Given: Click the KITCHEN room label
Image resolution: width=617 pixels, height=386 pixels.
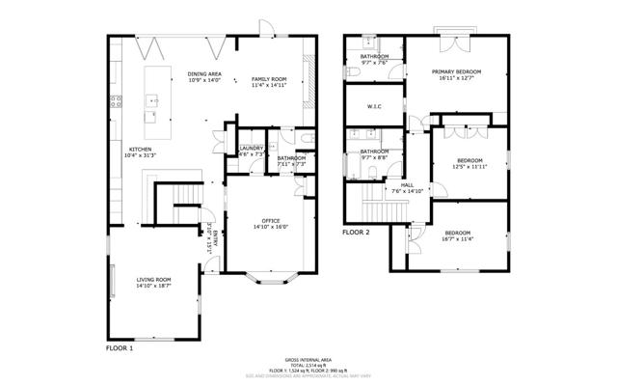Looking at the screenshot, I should point(141,150).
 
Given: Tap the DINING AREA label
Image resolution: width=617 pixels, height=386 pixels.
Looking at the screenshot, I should point(204,74).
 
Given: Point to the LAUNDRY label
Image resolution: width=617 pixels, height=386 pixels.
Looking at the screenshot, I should point(252,148).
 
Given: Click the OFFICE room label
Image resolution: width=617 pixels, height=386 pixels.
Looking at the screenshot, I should point(271,221).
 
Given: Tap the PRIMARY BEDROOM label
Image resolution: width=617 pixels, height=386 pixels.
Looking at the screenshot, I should point(456,72).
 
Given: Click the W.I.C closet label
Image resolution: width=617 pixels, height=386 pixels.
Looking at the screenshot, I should point(375,106).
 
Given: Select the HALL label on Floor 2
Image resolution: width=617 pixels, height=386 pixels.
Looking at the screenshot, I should point(407,184).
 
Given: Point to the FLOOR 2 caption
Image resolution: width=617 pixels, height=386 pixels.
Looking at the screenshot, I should point(357,233).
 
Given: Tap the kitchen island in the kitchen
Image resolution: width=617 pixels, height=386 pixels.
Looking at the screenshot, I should point(152,96).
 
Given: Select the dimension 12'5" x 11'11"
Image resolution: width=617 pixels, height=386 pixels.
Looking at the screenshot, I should point(469,166).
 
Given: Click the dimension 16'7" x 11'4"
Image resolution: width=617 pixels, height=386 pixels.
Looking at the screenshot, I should point(458,239).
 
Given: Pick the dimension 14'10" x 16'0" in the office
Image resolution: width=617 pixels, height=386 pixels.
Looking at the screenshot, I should point(271,227).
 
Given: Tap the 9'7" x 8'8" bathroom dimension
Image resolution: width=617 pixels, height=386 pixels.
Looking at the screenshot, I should point(374,157).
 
